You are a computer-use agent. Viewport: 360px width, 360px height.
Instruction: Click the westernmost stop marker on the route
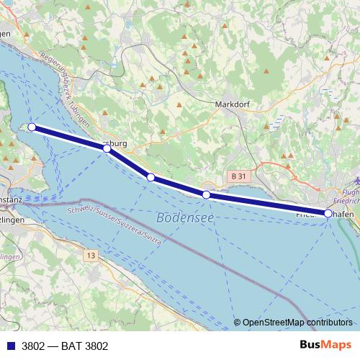click(32, 127)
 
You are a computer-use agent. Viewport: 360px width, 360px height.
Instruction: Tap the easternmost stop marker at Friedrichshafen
click(328, 213)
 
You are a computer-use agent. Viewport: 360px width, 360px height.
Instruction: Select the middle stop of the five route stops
click(150, 177)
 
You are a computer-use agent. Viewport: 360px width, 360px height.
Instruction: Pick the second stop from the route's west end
click(107, 148)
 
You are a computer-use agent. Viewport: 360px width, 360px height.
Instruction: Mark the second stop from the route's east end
click(207, 194)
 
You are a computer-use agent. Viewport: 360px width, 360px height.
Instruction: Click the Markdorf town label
click(233, 104)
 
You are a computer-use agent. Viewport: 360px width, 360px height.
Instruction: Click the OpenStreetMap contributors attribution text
click(297, 323)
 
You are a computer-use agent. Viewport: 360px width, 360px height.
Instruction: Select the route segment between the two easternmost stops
click(267, 204)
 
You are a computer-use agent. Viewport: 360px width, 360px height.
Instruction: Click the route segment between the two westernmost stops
click(69, 138)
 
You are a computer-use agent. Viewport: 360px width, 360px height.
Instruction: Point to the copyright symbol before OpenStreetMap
click(238, 323)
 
